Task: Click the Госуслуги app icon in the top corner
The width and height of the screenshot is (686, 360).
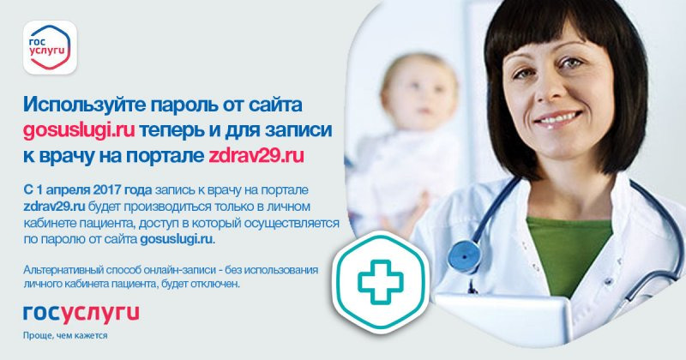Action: pyautogui.click(x=50, y=47)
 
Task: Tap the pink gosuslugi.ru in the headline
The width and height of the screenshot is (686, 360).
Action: pyautogui.click(x=79, y=131)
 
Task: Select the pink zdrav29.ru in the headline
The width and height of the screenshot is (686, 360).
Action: pyautogui.click(x=256, y=156)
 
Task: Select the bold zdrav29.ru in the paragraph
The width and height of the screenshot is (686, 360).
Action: pyautogui.click(x=54, y=207)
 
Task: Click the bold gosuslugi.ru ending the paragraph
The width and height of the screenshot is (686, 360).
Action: pyautogui.click(x=178, y=240)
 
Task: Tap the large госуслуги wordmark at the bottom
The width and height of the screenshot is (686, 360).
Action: pyautogui.click(x=81, y=313)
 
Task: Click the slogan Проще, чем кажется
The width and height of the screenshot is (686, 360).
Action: pyautogui.click(x=65, y=335)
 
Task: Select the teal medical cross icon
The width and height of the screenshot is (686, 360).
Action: pyautogui.click(x=380, y=282)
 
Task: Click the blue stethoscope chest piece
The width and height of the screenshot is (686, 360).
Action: pyautogui.click(x=464, y=255)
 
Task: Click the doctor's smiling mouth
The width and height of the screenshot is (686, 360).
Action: pyautogui.click(x=558, y=119)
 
